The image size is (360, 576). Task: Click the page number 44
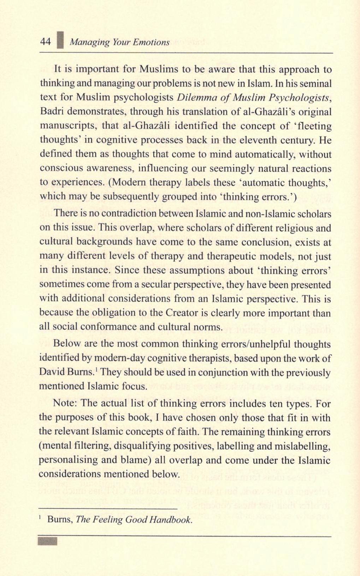coord(46,42)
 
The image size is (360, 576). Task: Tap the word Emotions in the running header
coord(152,42)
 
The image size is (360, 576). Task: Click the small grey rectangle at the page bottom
coord(47,541)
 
